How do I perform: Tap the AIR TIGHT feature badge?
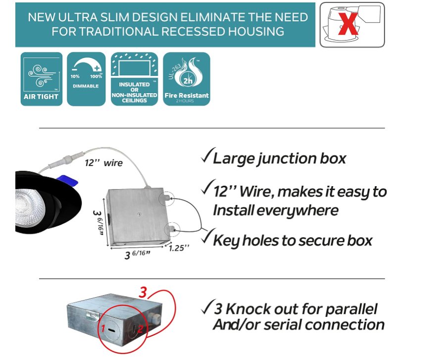point(41,79)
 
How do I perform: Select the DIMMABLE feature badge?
point(86,79)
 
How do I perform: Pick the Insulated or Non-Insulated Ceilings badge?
point(134,79)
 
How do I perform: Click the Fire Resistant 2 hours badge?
point(187,79)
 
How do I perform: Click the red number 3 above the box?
point(143,292)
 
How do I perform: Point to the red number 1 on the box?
point(103,328)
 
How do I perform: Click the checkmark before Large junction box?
point(206,158)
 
